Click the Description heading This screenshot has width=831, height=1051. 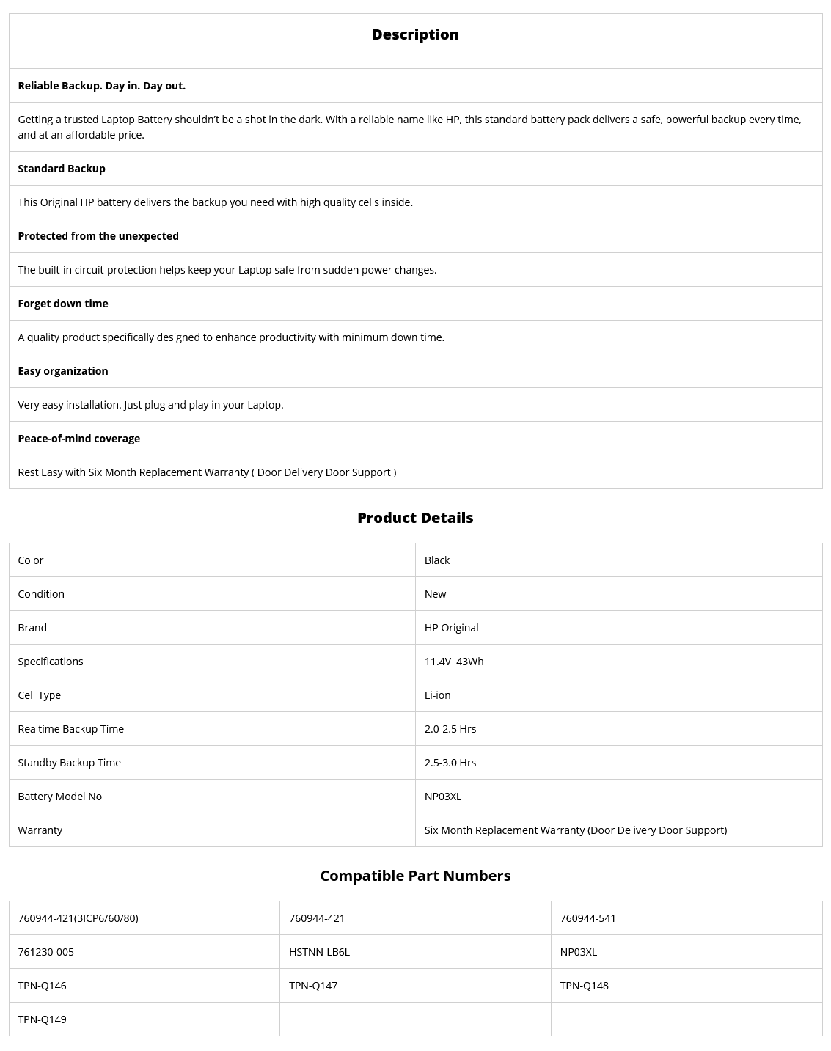coord(415,34)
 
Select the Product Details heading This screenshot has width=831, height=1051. coord(415,518)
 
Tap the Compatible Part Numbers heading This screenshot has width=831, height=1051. coord(415,876)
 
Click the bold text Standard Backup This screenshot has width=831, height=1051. coord(62,169)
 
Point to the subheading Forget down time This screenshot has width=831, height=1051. coord(63,304)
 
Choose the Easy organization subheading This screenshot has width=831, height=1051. coord(63,371)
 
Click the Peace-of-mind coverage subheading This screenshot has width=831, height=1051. coord(79,439)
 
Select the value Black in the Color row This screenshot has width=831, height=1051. coord(437,560)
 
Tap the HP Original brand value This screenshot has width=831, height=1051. coord(452,628)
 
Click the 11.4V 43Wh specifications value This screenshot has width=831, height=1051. coord(454,662)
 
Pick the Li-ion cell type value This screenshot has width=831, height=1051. coord(438,695)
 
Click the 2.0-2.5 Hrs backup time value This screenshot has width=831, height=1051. coord(450,729)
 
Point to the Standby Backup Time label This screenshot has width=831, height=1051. coord(70,763)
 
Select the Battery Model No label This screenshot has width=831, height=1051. coord(60,797)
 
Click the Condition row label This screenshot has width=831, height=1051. coord(41,594)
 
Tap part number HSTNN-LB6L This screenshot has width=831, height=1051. coord(319,952)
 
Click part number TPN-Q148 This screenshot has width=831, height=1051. coord(585,986)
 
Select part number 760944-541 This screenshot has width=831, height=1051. coord(588,918)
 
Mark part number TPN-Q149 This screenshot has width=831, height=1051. coord(43,1019)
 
